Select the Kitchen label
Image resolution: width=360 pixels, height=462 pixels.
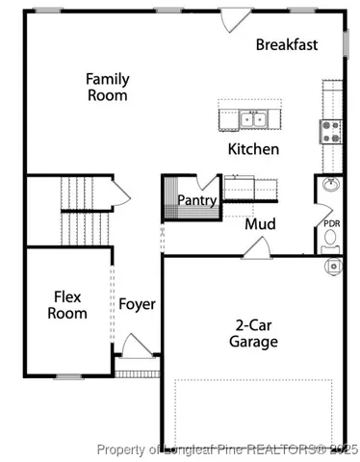[253, 149]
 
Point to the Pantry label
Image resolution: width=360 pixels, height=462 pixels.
[196, 199]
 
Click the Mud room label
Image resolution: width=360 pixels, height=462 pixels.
[260, 224]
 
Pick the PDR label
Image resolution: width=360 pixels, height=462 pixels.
[331, 224]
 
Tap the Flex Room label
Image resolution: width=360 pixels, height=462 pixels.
[69, 305]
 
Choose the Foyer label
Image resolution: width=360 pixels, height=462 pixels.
[137, 305]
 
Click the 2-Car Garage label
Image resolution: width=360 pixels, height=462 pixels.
[253, 333]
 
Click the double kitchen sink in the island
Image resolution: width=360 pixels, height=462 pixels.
[253, 120]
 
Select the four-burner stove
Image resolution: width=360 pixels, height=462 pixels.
[331, 130]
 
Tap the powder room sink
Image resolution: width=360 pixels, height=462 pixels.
[330, 186]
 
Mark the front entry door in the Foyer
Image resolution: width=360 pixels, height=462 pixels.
[138, 346]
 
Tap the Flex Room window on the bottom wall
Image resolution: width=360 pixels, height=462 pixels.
[67, 376]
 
